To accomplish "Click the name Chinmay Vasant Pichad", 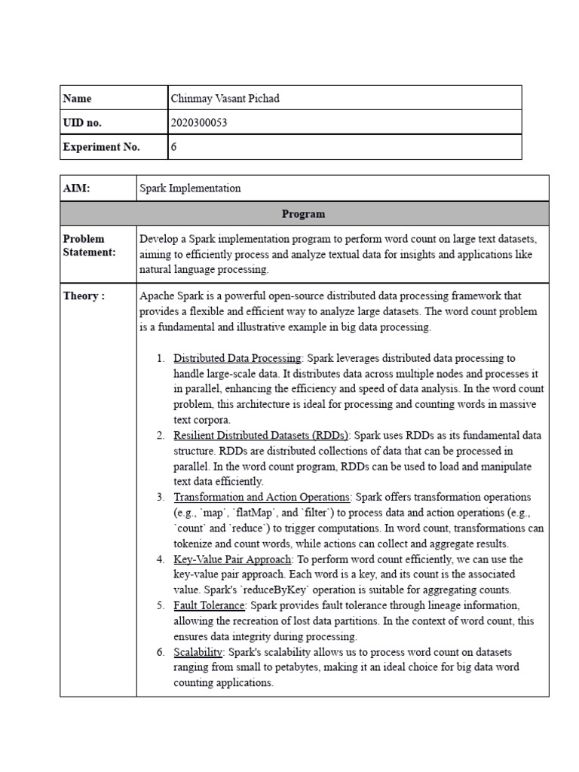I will [225, 98].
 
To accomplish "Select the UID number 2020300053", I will [200, 123].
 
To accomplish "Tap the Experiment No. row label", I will [102, 148].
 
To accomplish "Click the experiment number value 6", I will [174, 148].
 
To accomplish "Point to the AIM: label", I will [76, 188].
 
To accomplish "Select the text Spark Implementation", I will [190, 188].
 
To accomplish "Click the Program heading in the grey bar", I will [304, 214].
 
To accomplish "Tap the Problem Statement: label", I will [90, 246].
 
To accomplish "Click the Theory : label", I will [84, 296].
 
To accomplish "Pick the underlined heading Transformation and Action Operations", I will [262, 498].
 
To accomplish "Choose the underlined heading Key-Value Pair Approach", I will [232, 559].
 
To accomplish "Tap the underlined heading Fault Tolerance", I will [209, 605].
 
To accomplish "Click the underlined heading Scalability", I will [198, 652].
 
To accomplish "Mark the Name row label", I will [77, 98].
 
